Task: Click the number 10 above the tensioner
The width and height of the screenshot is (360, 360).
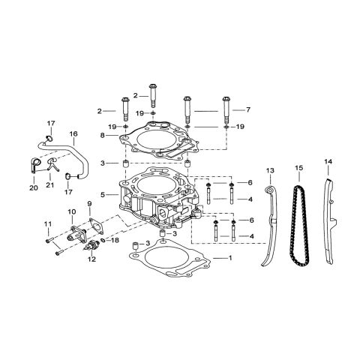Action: coord(73,211)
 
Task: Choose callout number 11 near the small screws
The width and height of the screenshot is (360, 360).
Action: coord(46,223)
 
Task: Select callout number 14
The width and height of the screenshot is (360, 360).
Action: coord(328,161)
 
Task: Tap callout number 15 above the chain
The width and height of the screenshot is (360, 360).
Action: coord(298,167)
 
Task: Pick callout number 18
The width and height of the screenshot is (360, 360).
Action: coord(115,241)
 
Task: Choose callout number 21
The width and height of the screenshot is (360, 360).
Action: coord(50,185)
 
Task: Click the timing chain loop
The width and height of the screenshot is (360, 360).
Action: coord(298,225)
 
